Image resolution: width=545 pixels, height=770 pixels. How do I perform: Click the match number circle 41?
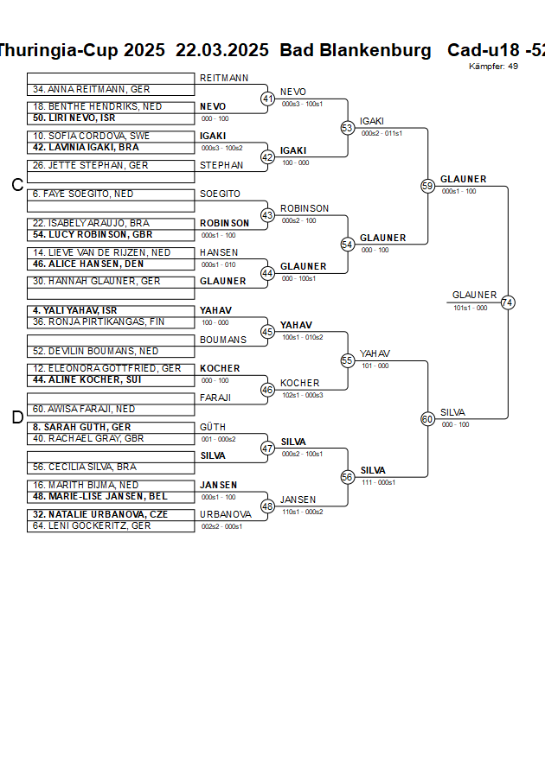[x=268, y=99]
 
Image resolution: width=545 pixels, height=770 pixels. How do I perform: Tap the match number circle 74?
[x=508, y=302]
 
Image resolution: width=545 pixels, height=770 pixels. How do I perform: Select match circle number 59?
[x=427, y=186]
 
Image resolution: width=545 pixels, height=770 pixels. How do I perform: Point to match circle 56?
[x=348, y=477]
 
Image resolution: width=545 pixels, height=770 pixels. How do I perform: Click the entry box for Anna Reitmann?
[x=111, y=89]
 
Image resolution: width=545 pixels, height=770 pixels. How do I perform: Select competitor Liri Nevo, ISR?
[x=111, y=118]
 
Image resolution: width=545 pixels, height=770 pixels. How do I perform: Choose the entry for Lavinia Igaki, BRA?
[x=111, y=148]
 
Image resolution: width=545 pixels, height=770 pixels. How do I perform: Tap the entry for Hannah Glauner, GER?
[x=111, y=282]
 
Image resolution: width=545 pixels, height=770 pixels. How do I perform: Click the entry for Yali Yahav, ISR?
[x=111, y=310]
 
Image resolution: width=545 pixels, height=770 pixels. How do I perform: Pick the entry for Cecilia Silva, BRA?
[x=111, y=467]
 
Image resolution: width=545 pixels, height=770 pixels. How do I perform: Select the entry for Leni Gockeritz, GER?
[x=111, y=525]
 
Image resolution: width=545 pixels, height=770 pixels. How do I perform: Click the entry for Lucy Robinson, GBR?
[x=111, y=235]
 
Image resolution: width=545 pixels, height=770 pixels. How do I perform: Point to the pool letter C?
[x=16, y=185]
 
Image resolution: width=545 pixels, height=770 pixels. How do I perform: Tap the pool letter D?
[x=16, y=418]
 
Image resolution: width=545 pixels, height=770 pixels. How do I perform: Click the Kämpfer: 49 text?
[x=493, y=66]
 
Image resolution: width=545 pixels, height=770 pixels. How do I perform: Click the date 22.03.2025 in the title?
[x=222, y=50]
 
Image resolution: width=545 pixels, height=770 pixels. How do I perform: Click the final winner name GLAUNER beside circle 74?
[x=474, y=295]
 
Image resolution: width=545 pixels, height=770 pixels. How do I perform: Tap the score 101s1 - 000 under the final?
[x=470, y=308]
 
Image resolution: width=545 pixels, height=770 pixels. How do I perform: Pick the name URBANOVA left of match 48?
[x=225, y=514]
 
